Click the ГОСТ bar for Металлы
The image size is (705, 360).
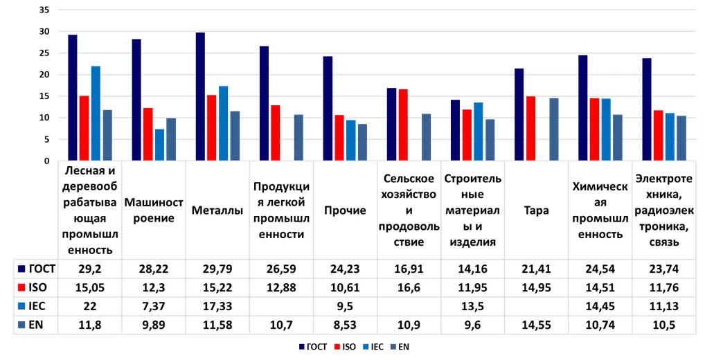200,97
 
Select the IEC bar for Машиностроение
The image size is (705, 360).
159,145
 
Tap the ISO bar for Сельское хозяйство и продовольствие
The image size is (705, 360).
403,125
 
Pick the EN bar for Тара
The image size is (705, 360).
553,129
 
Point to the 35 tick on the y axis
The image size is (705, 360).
45,10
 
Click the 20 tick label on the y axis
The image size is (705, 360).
45,75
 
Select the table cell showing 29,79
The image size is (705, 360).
217,267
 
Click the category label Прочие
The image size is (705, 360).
345,210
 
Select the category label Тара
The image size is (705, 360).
536,210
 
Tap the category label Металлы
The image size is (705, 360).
217,210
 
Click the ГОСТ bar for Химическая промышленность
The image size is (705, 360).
582,108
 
